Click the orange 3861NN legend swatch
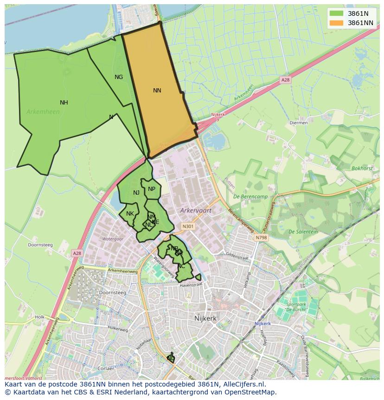point(337,22)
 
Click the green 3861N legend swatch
point(337,13)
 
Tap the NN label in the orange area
point(157,91)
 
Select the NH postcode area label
point(64,103)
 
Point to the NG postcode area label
point(119,77)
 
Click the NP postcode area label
point(152,189)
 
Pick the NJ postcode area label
point(136,193)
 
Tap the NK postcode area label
point(130,214)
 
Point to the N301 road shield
point(188,227)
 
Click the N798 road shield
point(261,237)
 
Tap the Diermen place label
point(298,123)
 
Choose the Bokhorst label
point(362,169)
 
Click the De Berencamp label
point(250,197)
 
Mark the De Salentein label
point(303,232)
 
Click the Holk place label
point(39,317)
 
